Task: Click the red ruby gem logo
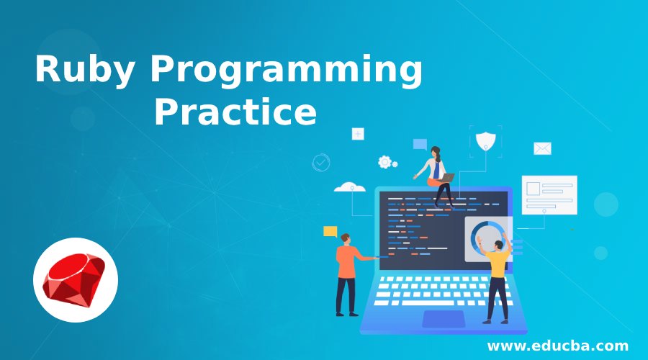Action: [74, 280]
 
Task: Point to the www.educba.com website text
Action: [558, 345]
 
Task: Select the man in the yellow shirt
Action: [496, 278]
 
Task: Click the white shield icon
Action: [485, 141]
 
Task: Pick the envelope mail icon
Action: [542, 148]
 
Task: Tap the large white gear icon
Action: [384, 162]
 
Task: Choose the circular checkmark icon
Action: [320, 163]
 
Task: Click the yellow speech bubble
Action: [330, 231]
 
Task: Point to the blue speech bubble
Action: [420, 144]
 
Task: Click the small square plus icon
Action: [358, 134]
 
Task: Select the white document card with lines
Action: [549, 195]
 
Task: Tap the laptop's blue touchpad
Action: [444, 319]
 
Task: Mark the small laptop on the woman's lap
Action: [446, 178]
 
